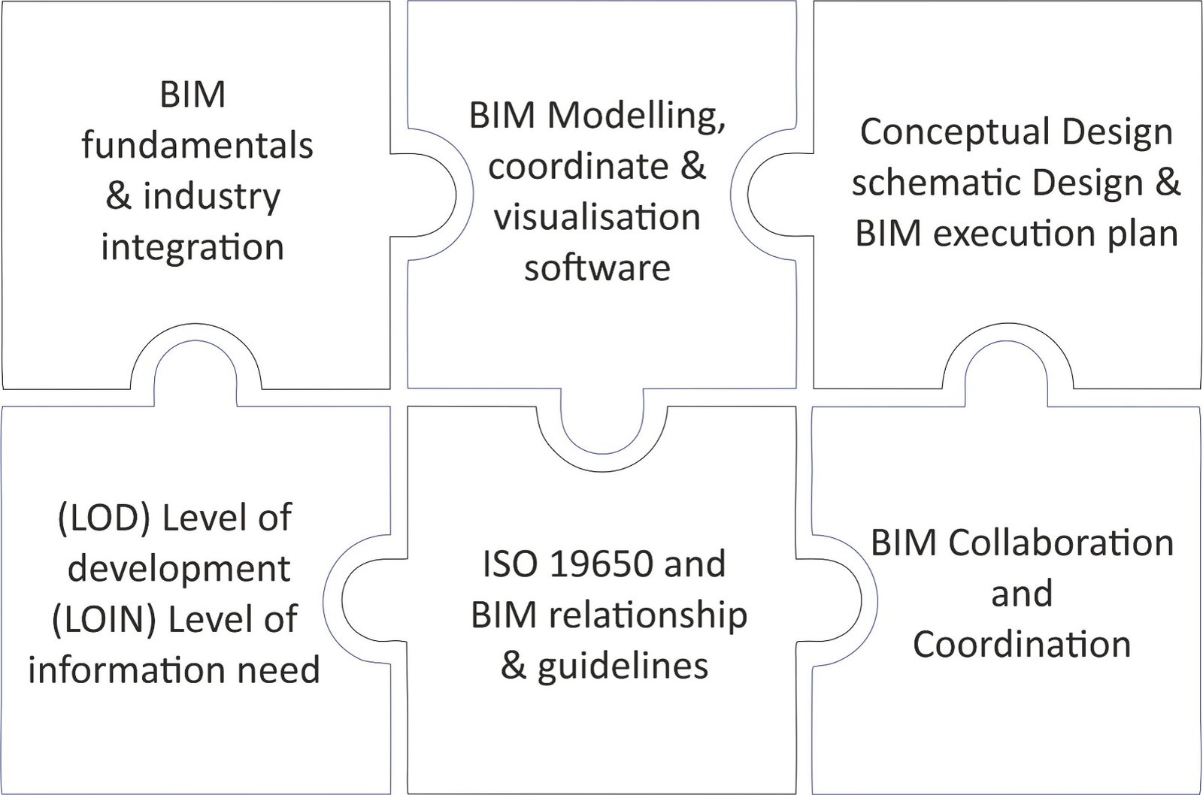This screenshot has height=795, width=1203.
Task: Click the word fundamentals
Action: [197, 145]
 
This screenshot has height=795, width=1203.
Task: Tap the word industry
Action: [211, 198]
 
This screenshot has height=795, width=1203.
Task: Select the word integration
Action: [192, 247]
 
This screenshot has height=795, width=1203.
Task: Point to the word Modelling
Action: [635, 116]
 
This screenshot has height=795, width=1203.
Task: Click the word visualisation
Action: [597, 217]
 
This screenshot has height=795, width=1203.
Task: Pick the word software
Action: [597, 267]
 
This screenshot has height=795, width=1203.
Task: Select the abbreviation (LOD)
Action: [104, 518]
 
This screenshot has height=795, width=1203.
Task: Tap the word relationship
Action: [647, 615]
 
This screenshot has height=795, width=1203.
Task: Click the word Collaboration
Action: [1061, 543]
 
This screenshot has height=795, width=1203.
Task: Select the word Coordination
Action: [1022, 644]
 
